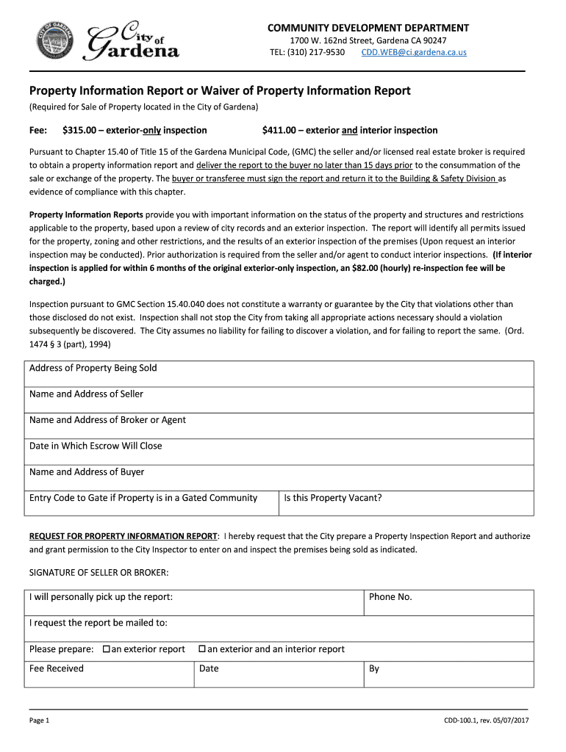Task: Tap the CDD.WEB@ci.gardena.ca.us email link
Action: point(413,53)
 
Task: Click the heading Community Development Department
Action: point(368,28)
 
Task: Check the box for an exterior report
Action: point(107,649)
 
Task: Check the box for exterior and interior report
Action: point(202,649)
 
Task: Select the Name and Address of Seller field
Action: point(279,399)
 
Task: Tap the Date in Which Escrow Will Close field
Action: point(279,452)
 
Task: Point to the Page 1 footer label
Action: point(39,721)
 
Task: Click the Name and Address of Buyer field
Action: point(279,477)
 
